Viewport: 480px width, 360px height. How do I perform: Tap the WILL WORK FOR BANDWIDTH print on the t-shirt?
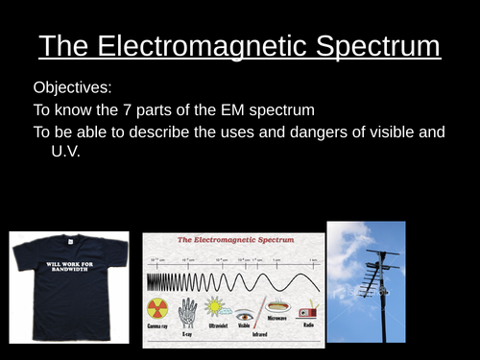[x=70, y=268]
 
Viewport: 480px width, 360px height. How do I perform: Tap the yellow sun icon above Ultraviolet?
[x=218, y=308]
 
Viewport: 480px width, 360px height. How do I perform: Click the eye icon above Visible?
[x=245, y=314]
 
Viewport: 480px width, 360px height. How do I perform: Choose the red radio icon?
[x=307, y=313]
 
